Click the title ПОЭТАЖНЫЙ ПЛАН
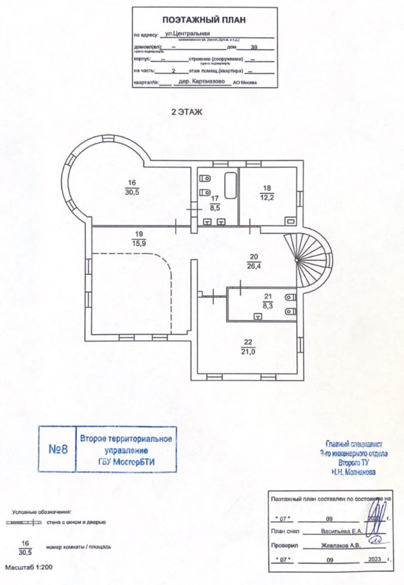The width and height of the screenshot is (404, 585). [204, 19]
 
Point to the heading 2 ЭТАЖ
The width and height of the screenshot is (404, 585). [188, 112]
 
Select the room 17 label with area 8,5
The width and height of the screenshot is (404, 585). [214, 202]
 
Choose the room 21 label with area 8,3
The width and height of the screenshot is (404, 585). [266, 300]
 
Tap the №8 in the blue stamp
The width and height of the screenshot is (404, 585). [57, 450]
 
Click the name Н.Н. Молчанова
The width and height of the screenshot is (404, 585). [354, 472]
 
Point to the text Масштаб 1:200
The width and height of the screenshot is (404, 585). [29, 567]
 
